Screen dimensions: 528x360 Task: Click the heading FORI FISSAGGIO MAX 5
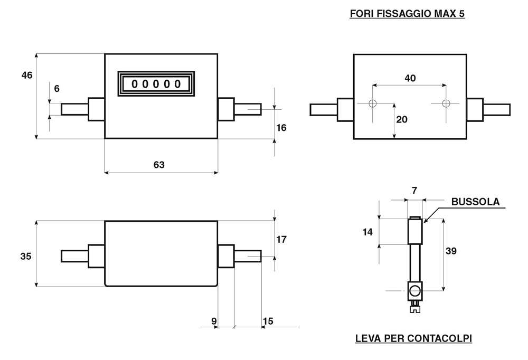(407, 14)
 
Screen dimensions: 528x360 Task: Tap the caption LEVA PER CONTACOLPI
(413, 338)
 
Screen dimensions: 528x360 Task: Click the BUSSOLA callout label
(475, 202)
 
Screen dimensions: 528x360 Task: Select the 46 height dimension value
(27, 75)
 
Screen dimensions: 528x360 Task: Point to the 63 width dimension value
(159, 165)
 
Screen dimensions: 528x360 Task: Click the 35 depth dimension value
(25, 257)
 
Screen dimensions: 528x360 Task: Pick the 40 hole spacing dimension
(410, 78)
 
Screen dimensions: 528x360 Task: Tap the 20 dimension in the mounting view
(401, 119)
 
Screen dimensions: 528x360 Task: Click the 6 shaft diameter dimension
(56, 89)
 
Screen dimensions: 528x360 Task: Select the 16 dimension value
(281, 128)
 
